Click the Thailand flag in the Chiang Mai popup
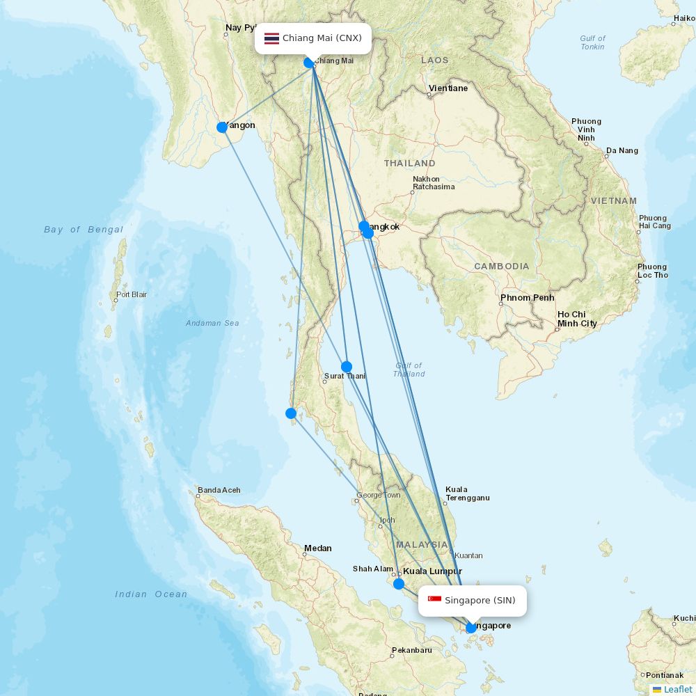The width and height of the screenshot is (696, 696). (x=271, y=38)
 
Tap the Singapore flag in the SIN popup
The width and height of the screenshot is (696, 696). (x=434, y=600)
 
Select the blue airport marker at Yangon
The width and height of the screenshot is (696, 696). (x=222, y=127)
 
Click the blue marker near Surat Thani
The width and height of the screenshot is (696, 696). (x=346, y=367)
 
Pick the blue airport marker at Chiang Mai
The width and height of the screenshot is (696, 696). (x=309, y=63)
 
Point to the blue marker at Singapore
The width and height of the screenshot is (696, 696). (x=471, y=628)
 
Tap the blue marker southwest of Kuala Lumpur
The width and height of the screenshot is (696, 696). (x=398, y=584)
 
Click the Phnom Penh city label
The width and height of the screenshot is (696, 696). (x=527, y=298)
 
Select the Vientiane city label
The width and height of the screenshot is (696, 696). (x=448, y=88)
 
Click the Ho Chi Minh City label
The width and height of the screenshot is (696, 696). (x=576, y=319)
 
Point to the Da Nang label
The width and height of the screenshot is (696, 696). (x=622, y=150)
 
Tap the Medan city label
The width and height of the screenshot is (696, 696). (x=317, y=548)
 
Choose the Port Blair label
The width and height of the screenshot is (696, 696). (x=132, y=294)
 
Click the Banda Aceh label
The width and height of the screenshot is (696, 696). (x=219, y=490)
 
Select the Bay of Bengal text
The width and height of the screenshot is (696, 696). (x=84, y=230)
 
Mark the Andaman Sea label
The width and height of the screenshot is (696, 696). (x=212, y=323)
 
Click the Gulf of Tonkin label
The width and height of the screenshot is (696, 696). (x=592, y=42)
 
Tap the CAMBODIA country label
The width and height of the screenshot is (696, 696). (x=501, y=267)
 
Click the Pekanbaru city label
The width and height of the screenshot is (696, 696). (x=411, y=650)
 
